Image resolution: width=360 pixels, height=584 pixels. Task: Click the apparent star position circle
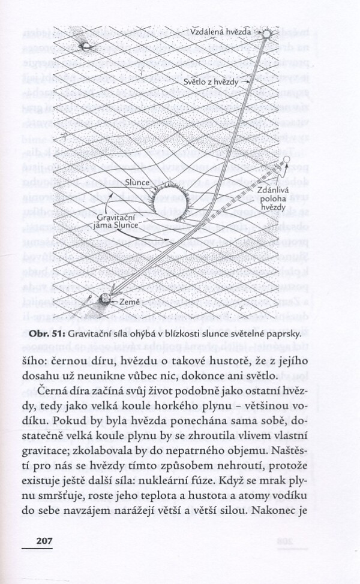[287, 160]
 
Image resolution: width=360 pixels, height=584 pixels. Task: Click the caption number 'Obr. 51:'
[46, 333]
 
